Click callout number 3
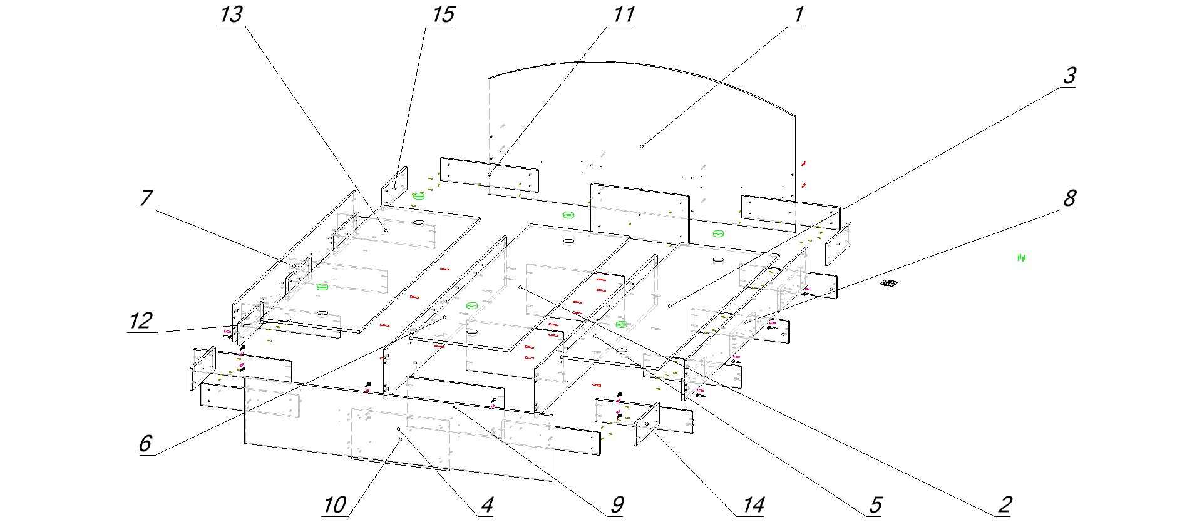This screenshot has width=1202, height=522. (x=1069, y=76)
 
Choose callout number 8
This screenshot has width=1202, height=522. (x=1069, y=199)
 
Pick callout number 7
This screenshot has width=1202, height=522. (x=146, y=199)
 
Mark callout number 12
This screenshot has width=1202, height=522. (x=141, y=321)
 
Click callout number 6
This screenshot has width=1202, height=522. (x=145, y=444)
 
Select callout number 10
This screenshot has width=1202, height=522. (x=335, y=505)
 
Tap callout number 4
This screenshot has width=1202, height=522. (x=486, y=505)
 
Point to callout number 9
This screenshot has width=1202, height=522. (x=617, y=505)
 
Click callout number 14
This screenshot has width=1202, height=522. (x=753, y=505)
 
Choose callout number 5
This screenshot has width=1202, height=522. (x=875, y=505)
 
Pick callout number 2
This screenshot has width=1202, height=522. (x=1004, y=505)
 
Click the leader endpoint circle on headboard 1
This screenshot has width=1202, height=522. (x=642, y=146)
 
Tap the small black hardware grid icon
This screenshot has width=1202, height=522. (x=887, y=284)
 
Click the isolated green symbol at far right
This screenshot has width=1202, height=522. (x=1022, y=257)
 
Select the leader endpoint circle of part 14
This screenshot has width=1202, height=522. (x=647, y=424)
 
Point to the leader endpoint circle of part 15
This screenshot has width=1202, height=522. (x=395, y=187)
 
